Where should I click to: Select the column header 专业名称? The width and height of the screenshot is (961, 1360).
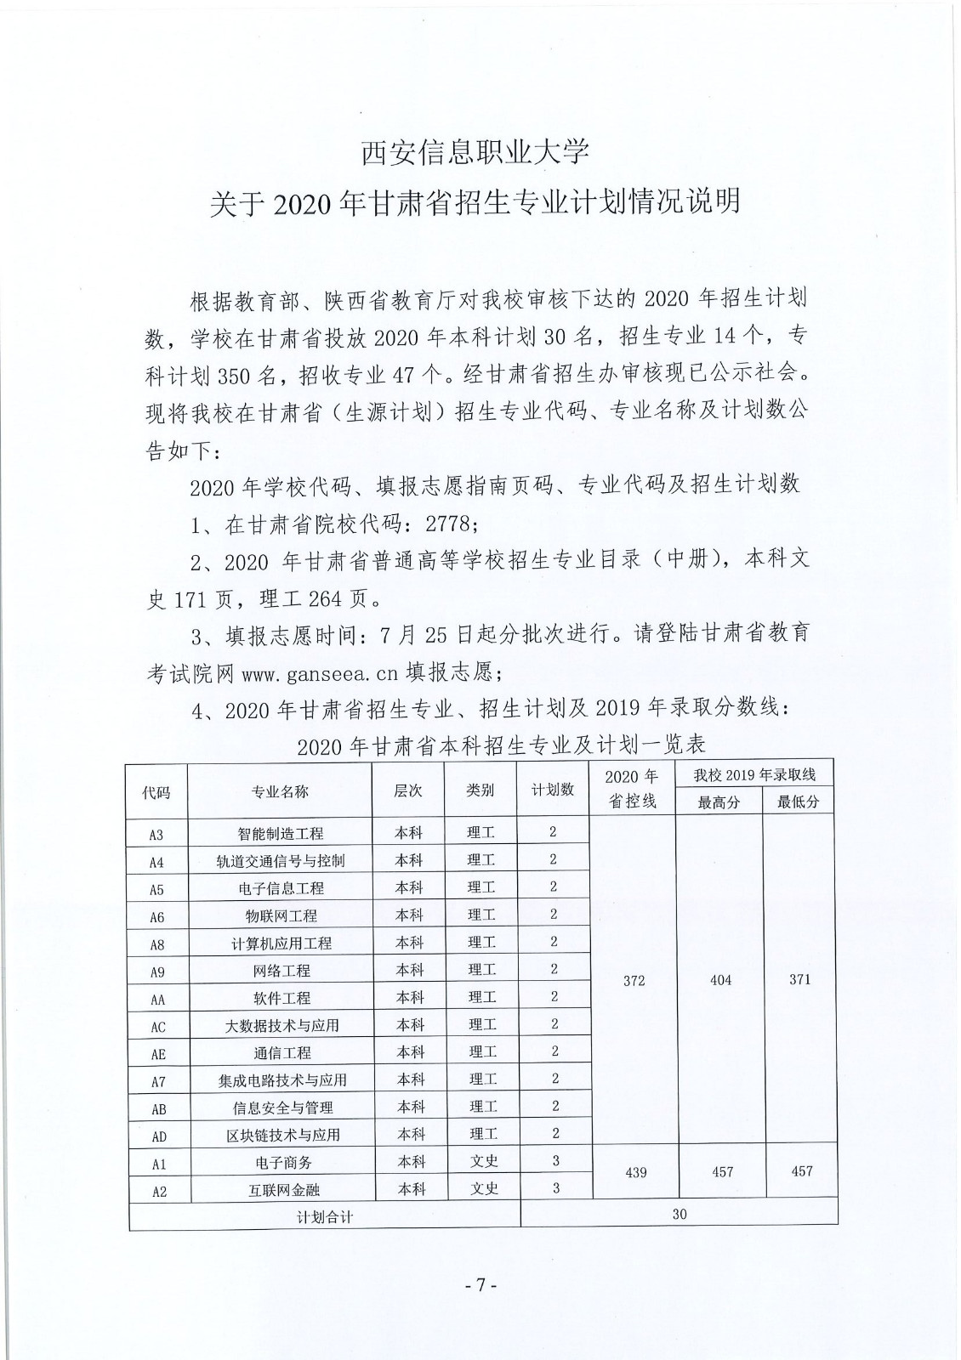tap(280, 791)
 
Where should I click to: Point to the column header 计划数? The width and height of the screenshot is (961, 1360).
tap(553, 790)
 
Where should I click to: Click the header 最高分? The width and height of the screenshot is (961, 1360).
tap(719, 802)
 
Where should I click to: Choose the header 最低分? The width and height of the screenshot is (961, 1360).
tap(799, 802)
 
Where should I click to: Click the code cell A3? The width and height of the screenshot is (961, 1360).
tap(156, 835)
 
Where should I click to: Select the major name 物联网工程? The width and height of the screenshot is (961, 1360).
tap(281, 916)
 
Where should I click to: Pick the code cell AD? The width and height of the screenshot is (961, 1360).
tap(158, 1136)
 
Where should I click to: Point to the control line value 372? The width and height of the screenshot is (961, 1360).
tap(634, 981)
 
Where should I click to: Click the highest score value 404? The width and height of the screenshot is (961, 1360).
tap(720, 981)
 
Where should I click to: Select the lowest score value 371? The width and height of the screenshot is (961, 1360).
tap(799, 980)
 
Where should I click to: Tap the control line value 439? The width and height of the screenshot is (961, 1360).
tap(635, 1173)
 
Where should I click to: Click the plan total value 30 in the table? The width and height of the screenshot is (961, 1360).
tap(679, 1215)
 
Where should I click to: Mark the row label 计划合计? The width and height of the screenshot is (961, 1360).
tap(324, 1216)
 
